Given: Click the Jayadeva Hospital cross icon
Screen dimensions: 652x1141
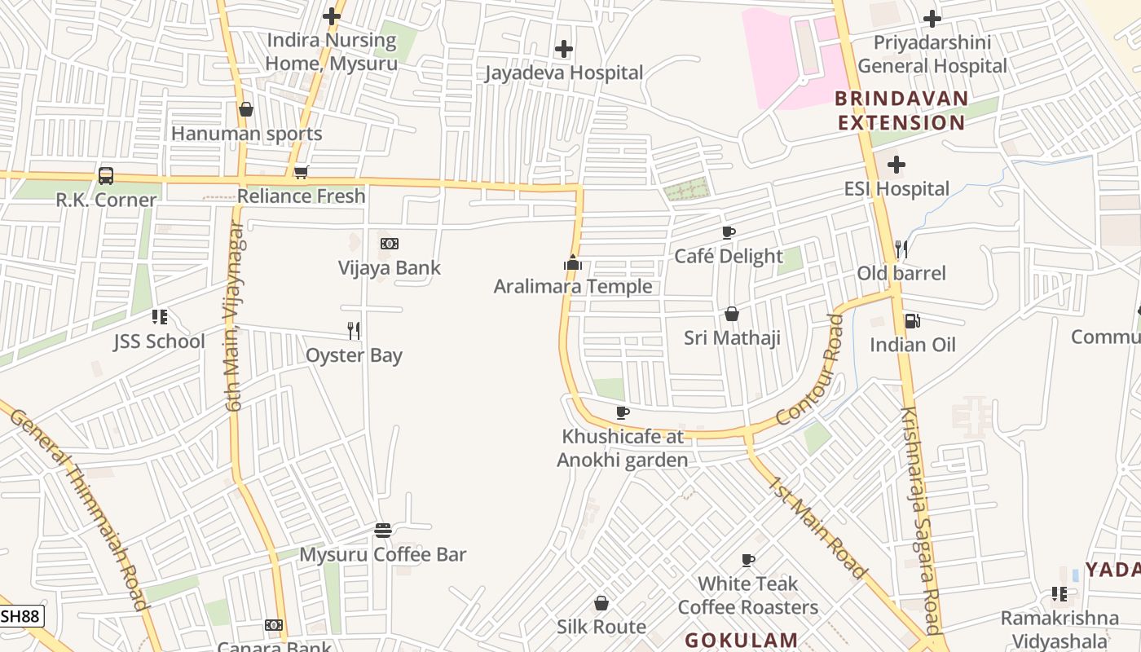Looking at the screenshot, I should click(x=563, y=49).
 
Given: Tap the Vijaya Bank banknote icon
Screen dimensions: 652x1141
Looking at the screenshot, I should click(x=390, y=244).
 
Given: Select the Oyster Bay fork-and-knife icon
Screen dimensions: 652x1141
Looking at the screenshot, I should click(x=354, y=330).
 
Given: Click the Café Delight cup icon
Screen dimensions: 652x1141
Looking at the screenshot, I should click(x=729, y=232).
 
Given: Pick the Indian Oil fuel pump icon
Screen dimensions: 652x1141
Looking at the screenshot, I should click(x=912, y=321).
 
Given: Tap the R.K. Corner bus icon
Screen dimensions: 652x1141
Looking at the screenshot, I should click(x=106, y=175).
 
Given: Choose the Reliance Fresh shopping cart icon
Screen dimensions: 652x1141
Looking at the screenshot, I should click(x=301, y=172).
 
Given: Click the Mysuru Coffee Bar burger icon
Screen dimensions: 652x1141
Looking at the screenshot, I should click(x=383, y=531).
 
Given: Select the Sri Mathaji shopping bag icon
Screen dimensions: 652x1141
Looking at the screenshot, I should click(x=732, y=314).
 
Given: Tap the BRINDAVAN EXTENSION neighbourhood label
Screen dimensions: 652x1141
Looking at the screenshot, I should click(x=901, y=111).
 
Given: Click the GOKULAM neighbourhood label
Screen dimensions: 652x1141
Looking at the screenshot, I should click(x=741, y=640).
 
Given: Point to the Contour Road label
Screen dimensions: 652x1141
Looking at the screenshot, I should click(x=808, y=370).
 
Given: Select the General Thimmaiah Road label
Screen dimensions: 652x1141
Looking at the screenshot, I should click(x=80, y=506).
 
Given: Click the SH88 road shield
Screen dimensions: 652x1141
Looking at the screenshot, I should click(x=20, y=616).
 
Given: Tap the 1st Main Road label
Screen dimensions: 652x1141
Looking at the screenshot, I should click(x=816, y=527).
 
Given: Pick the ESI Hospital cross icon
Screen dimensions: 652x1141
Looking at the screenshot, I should click(x=896, y=165).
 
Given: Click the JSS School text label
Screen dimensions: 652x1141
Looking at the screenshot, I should click(x=159, y=341).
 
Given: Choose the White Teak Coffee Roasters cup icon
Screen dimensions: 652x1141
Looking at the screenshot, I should click(x=748, y=560).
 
